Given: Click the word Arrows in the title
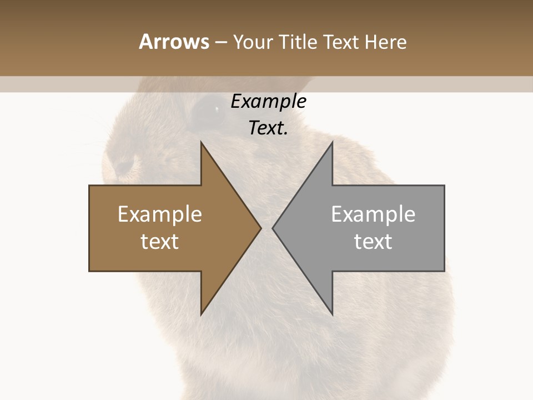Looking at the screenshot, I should pyautogui.click(x=174, y=42).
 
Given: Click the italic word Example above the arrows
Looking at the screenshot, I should pyautogui.click(x=268, y=101).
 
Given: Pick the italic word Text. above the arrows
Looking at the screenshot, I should pyautogui.click(x=268, y=128).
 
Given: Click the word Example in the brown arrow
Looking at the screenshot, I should pyautogui.click(x=159, y=214).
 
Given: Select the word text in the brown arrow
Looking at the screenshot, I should pyautogui.click(x=159, y=242).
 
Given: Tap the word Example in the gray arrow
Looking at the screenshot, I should pyautogui.click(x=373, y=214).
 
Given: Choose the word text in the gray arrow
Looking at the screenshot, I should pyautogui.click(x=373, y=242).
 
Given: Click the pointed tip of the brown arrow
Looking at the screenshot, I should pyautogui.click(x=259, y=228).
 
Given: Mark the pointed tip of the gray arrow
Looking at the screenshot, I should pyautogui.click(x=274, y=228).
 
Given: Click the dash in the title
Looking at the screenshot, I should pyautogui.click(x=220, y=42).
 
